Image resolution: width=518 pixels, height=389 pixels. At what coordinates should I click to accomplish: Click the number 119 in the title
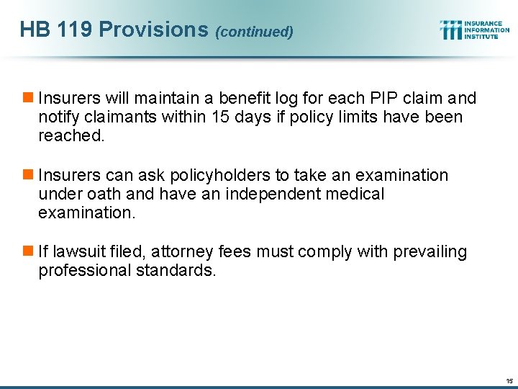coord(75,30)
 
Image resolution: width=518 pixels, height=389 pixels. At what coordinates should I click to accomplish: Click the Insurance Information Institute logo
coord(475,30)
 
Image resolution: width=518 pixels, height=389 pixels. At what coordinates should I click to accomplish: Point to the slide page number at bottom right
coord(509,380)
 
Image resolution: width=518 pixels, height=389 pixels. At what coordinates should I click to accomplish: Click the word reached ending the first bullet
coord(71,135)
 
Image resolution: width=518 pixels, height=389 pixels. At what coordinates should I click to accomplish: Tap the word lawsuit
coord(77,251)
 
